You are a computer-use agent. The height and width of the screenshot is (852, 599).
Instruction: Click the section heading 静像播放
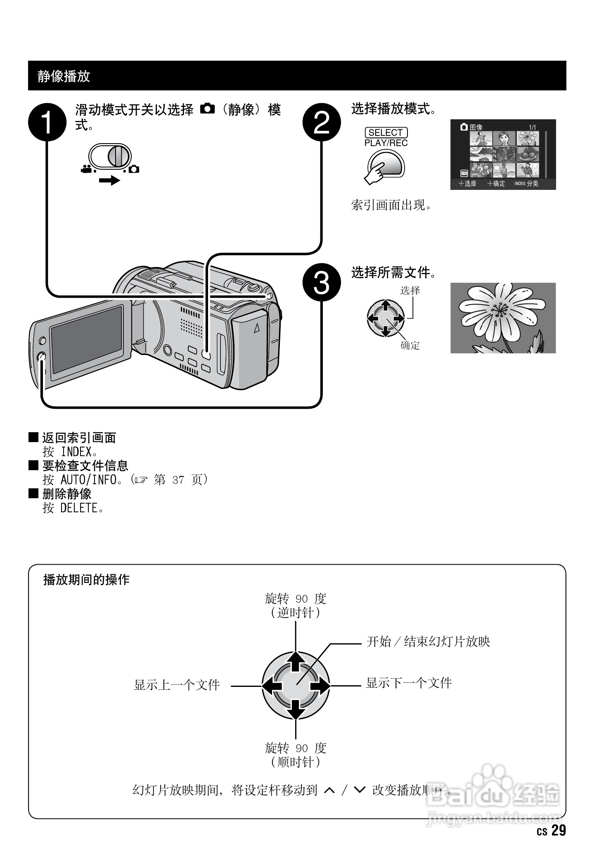pyautogui.click(x=64, y=76)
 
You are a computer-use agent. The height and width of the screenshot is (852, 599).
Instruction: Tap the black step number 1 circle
pyautogui.click(x=47, y=122)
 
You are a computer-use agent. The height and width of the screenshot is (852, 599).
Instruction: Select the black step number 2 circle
pyautogui.click(x=322, y=122)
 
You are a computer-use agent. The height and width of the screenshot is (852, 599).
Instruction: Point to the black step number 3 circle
pyautogui.click(x=322, y=283)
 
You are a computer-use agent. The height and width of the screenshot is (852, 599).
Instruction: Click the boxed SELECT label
pyautogui.click(x=386, y=133)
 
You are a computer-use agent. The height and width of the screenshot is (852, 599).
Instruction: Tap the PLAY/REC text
pyautogui.click(x=386, y=143)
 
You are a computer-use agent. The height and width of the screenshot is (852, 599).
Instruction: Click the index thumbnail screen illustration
pyautogui.click(x=503, y=155)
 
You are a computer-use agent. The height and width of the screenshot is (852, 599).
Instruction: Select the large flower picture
pyautogui.click(x=503, y=318)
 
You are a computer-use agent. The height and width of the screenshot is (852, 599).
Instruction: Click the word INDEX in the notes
pyautogui.click(x=76, y=452)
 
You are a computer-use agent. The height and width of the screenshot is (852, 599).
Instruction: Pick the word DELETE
pyautogui.click(x=79, y=508)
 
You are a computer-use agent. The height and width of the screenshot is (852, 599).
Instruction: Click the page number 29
pyautogui.click(x=558, y=830)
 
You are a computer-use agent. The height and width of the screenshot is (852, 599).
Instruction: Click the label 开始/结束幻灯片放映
pyautogui.click(x=428, y=642)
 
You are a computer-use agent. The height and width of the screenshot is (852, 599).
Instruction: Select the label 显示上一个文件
pyautogui.click(x=177, y=685)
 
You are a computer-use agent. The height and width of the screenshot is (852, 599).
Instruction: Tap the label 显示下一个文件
pyautogui.click(x=409, y=683)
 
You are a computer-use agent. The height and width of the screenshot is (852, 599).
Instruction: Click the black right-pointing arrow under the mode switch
pyautogui.click(x=109, y=180)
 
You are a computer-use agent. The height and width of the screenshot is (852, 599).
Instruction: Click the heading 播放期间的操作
pyautogui.click(x=86, y=580)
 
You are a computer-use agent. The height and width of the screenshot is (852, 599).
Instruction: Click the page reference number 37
pyautogui.click(x=178, y=480)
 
